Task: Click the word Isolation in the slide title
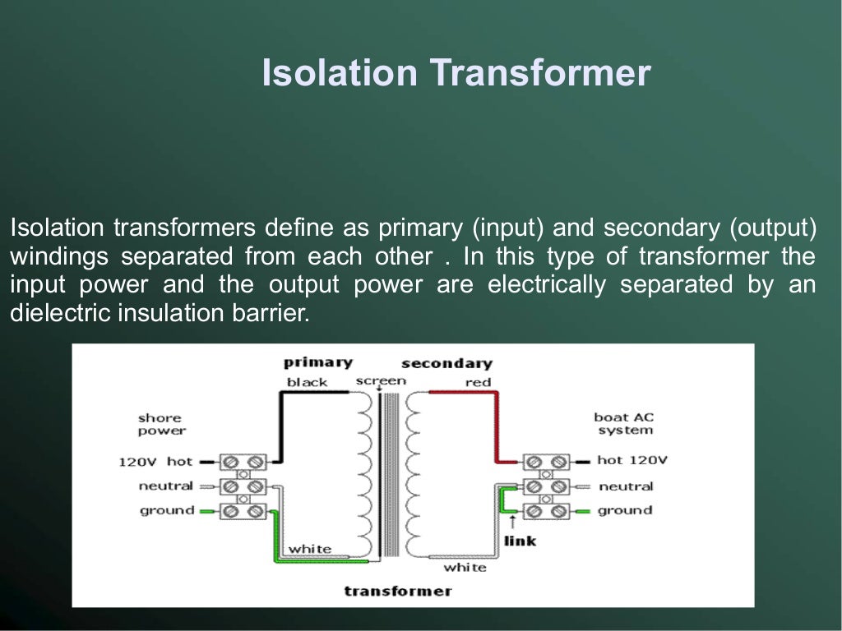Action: pos(340,73)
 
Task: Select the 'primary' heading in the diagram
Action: pos(317,362)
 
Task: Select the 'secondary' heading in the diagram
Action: pos(446,363)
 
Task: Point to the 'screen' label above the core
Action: pos(381,380)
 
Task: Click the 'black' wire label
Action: pos(307,382)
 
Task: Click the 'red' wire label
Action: pos(478,382)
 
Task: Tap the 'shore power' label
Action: pos(160,424)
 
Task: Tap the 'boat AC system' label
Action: pos(624,423)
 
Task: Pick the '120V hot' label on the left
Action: pos(155,462)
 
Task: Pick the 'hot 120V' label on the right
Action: pos(632,460)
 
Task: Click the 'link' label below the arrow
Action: pos(520,541)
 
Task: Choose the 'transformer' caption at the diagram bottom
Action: pos(398,591)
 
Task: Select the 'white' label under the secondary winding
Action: pos(465,567)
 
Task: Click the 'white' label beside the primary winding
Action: pos(310,548)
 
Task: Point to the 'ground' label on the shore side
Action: pos(167,510)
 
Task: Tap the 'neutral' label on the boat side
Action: pos(626,486)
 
